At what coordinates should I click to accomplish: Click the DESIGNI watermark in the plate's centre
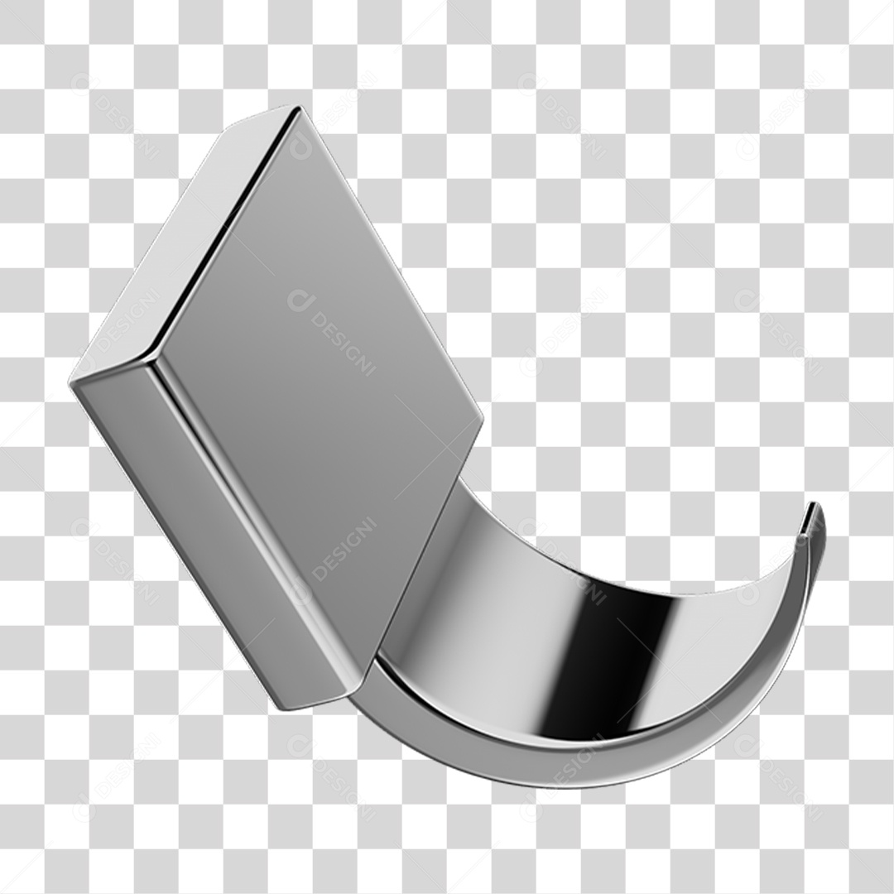click(x=332, y=331)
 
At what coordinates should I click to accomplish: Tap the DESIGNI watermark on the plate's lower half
click(x=344, y=550)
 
